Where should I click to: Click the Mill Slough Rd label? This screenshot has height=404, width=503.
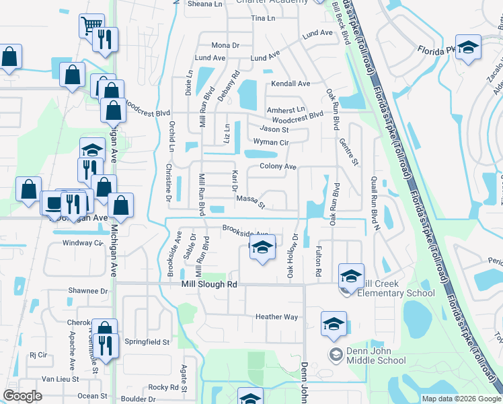pos(210,285)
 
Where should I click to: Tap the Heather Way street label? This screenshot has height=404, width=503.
pos(276,317)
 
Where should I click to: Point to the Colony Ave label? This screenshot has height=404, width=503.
pos(278,166)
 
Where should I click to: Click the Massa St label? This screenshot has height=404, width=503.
pos(251,199)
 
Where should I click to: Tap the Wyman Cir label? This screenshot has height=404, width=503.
pos(270,142)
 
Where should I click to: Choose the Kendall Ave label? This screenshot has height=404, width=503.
pos(291,84)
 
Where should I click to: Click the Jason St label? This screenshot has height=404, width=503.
pos(274,129)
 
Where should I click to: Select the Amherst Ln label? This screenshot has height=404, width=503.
pos(286,109)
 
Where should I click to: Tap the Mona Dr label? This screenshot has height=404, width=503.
pos(225,45)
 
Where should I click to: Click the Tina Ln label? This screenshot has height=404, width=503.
pos(263,18)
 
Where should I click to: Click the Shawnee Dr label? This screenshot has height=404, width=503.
pos(87,291)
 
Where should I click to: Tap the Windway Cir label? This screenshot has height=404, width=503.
pos(83,243)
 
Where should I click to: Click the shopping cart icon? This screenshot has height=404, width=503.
pos(91,27)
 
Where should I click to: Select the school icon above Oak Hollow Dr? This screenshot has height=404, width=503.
pos(262,248)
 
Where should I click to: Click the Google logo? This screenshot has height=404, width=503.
pos(23,395)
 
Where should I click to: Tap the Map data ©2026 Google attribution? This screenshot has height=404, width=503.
pos(461,399)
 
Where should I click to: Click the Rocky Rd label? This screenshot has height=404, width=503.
pos(163,387)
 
